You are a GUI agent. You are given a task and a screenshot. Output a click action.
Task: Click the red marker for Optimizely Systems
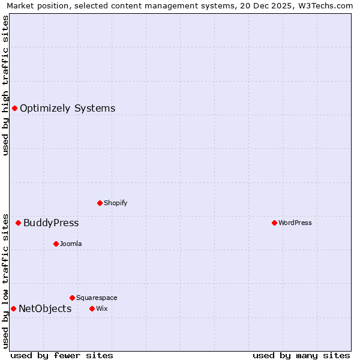[14, 108]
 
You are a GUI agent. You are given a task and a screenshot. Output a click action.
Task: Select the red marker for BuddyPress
[18, 223]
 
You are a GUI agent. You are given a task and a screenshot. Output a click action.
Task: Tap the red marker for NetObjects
[13, 308]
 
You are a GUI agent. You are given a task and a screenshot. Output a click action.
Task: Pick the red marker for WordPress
[274, 223]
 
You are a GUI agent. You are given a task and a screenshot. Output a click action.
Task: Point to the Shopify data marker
[100, 203]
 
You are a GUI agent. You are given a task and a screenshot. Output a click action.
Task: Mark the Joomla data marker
[56, 244]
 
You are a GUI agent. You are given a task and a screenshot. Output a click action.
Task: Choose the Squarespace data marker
[72, 298]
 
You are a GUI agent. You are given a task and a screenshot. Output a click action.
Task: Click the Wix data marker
[92, 308]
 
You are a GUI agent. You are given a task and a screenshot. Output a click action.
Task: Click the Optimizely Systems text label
[67, 109]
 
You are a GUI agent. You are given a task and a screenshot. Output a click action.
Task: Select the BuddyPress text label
[51, 223]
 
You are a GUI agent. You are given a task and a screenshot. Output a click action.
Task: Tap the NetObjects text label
[45, 309]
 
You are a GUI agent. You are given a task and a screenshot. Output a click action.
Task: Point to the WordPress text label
[295, 223]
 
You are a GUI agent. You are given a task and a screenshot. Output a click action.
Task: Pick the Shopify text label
[116, 203]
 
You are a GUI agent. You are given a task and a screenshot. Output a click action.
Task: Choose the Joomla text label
[71, 244]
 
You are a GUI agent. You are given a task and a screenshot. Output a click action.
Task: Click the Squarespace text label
[97, 298]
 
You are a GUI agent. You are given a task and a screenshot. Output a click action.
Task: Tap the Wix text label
[101, 309]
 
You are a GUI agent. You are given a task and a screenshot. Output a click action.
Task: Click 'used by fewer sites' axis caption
[62, 355]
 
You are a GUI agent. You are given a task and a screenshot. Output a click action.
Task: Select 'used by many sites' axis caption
[301, 355]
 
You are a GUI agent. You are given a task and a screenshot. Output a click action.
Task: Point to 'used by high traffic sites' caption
[5, 85]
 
